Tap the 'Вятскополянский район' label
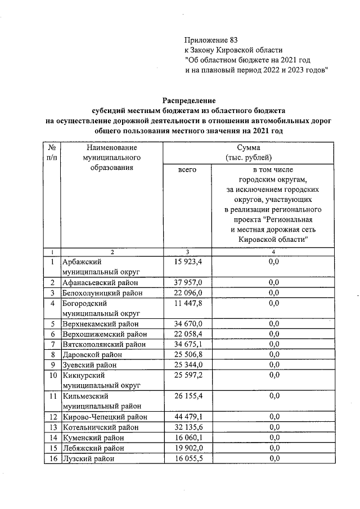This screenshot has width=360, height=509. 103,345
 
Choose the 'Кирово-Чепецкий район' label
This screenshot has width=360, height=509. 105,417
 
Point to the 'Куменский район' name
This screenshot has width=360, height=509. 92,438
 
